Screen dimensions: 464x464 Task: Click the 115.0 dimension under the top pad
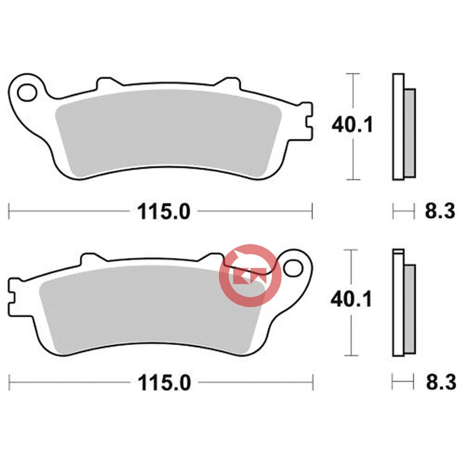pos(164,211)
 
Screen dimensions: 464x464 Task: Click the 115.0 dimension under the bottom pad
pos(164,383)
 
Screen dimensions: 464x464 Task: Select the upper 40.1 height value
pos(352,126)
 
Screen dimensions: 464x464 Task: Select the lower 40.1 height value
pos(351,300)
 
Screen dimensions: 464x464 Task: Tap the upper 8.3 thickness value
pos(440,211)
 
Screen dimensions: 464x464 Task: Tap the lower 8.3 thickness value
pos(440,383)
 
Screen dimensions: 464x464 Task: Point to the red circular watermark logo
pos(250,276)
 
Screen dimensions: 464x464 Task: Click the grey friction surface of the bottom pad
pos(145,309)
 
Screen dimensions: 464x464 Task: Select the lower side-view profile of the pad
pos(403,303)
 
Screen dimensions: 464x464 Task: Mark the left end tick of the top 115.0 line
pos(10,211)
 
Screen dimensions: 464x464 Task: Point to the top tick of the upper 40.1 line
pos(354,74)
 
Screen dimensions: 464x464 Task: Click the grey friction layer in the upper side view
pos(409,131)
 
